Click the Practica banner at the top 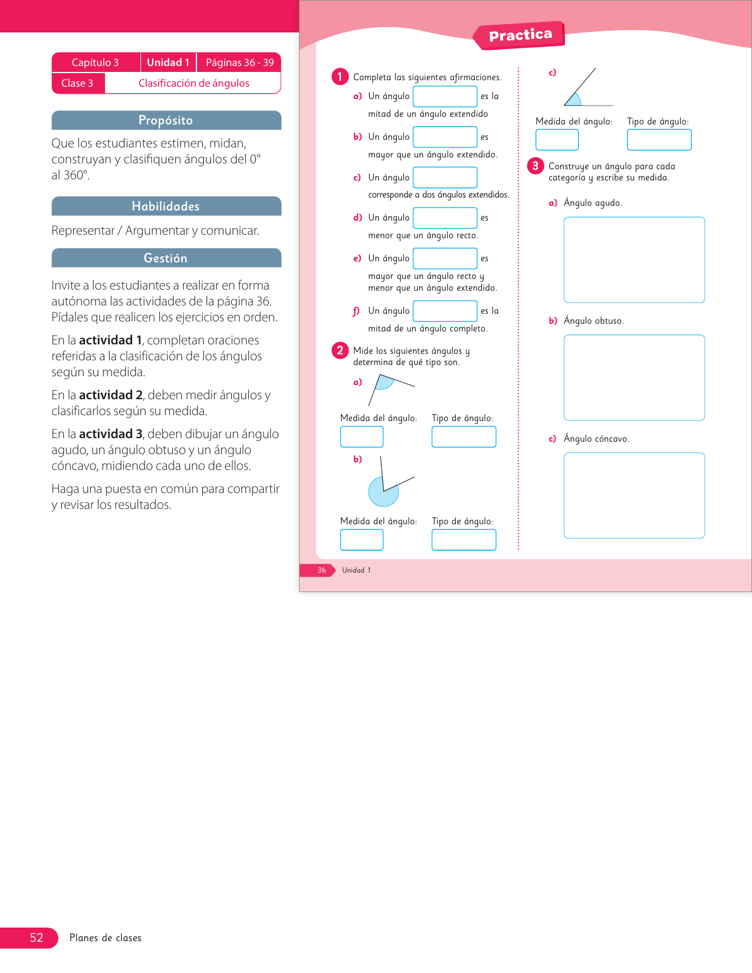[x=520, y=35]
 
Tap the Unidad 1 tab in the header [x=168, y=63]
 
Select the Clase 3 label [x=77, y=83]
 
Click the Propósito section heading [x=166, y=120]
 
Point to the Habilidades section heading [x=166, y=206]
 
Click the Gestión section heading [x=166, y=258]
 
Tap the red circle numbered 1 [x=340, y=77]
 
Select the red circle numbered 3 [x=535, y=166]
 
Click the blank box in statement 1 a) [x=445, y=96]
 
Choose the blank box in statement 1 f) [x=445, y=311]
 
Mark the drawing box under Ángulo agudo [x=634, y=259]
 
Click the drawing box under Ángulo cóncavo [x=634, y=495]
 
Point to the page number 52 [x=37, y=938]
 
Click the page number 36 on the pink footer [x=321, y=570]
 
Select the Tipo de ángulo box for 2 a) [x=464, y=436]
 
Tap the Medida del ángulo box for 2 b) [x=362, y=540]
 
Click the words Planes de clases [x=106, y=938]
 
